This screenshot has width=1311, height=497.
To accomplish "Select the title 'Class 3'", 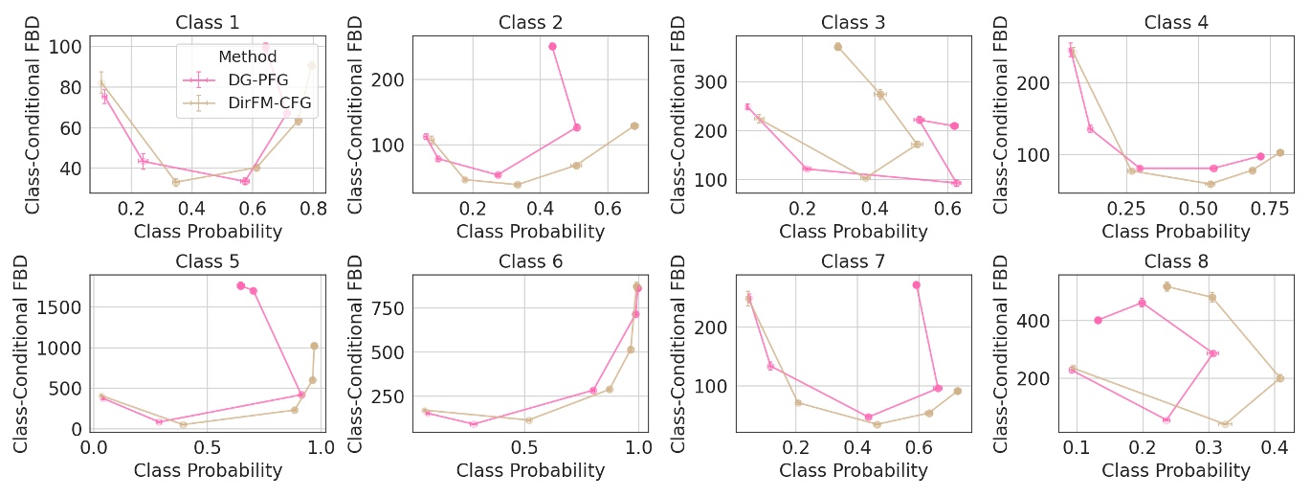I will click(853, 22).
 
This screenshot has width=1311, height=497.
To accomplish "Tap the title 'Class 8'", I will click(1175, 261).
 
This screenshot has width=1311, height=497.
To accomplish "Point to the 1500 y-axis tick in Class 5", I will click(64, 306).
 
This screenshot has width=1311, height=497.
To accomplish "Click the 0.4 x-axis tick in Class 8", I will click(1274, 447).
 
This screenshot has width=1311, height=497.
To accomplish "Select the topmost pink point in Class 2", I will click(552, 46).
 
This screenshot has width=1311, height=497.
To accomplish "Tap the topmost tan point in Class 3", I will click(837, 46).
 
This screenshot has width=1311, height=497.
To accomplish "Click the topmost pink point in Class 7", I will click(917, 284).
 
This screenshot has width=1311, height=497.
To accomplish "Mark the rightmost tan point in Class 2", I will click(634, 125).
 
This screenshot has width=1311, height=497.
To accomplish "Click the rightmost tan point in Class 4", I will click(1279, 152).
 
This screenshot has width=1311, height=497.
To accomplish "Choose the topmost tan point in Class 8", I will click(1167, 286).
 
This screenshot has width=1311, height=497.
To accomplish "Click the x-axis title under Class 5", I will click(208, 470).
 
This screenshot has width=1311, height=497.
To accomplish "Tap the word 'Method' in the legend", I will click(247, 57).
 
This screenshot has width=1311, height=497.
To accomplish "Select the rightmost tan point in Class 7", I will click(957, 391).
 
